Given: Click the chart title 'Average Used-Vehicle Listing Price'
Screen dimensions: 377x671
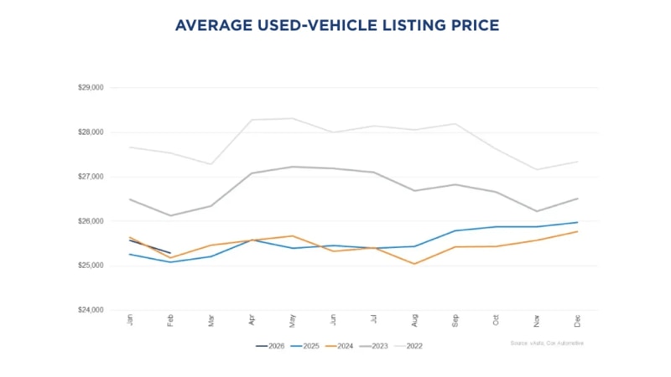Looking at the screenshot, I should pos(336,26).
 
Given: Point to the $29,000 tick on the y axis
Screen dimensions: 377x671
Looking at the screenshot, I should pos(90,87).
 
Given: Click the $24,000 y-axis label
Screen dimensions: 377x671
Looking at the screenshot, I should pos(90,310).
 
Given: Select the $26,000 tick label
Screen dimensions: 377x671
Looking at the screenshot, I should pos(90,221).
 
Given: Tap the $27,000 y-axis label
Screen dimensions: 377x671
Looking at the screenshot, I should pos(90,177).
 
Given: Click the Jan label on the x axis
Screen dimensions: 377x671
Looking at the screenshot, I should pos(130,321).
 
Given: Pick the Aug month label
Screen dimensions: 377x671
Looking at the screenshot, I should pos(414,321).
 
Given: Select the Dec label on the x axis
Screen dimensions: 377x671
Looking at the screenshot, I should pos(577,321).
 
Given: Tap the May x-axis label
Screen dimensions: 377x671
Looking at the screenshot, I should pos(293,321).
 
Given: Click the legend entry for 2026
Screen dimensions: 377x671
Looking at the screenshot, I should pos(272,345).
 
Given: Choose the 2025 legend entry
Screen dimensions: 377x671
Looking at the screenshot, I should pos(308,345).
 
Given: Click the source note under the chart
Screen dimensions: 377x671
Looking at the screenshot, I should pos(546,343).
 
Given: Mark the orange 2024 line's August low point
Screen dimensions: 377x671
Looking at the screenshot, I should pos(414,264).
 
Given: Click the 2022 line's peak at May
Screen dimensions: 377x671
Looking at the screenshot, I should pos(293,118).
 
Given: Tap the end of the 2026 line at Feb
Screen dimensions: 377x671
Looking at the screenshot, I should pos(170,253).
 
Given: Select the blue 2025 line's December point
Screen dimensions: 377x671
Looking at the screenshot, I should pos(577,222).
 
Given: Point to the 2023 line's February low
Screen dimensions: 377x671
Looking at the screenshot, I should pos(171,215).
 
